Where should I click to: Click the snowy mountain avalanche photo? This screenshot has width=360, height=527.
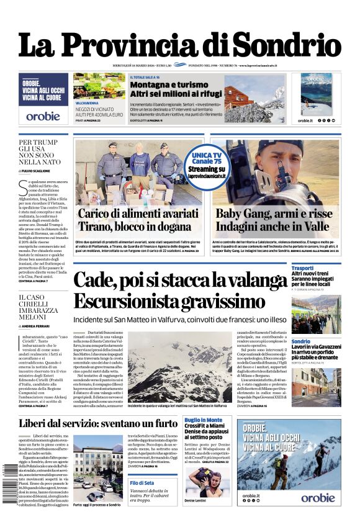179,367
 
